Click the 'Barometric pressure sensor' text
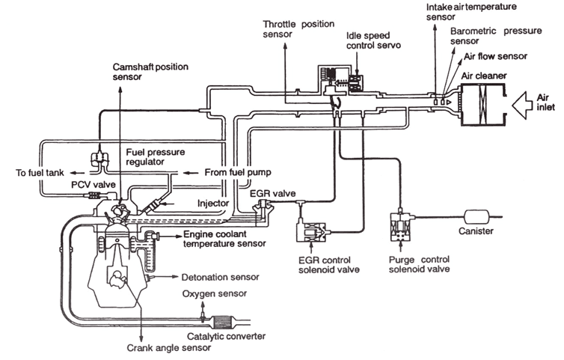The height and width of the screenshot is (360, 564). coord(487,37)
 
